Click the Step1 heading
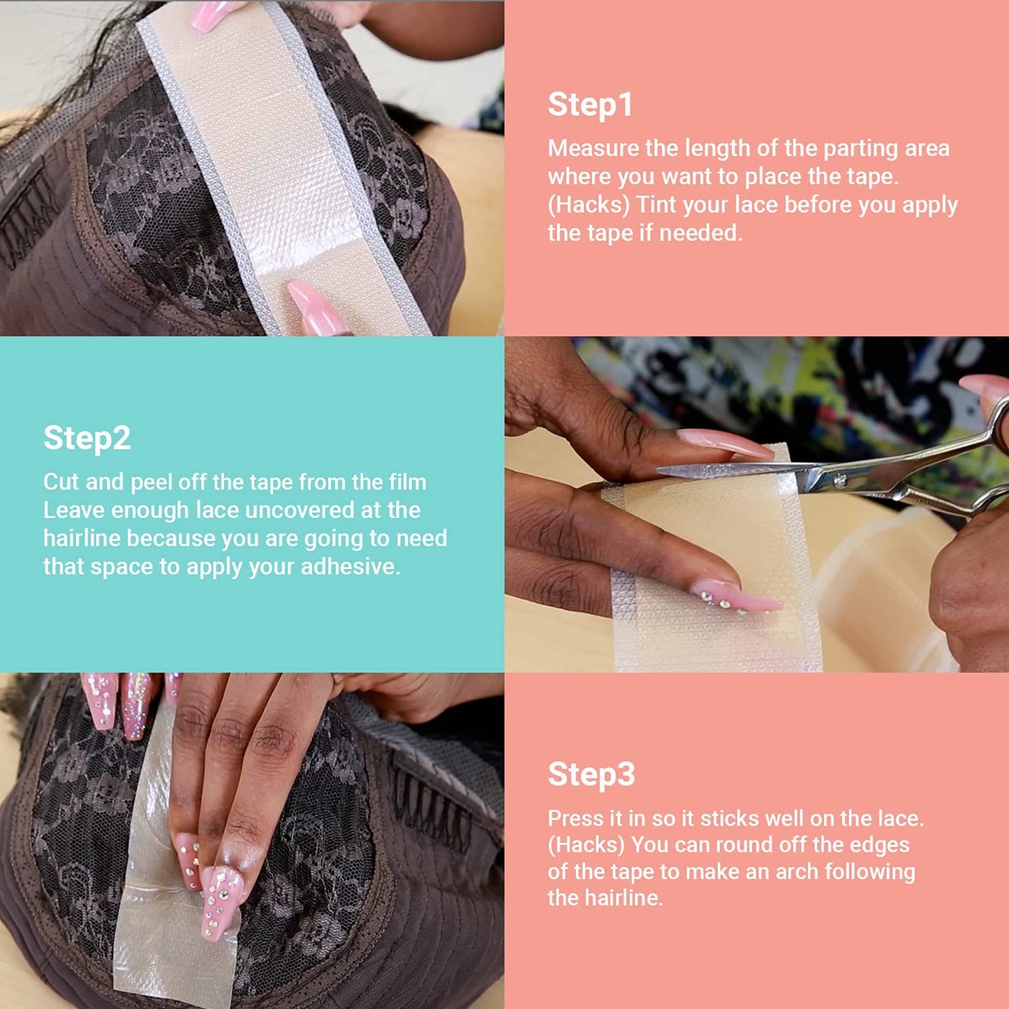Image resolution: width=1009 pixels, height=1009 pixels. [x=590, y=105]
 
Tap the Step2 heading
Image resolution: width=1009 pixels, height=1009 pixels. [x=87, y=439]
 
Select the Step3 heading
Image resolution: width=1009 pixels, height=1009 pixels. [x=591, y=774]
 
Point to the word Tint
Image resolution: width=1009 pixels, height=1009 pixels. [x=656, y=205]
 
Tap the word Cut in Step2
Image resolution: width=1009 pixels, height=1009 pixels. [x=61, y=482]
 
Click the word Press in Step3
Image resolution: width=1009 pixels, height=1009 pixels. [x=575, y=818]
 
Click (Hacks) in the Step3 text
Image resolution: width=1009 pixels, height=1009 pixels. [x=586, y=845]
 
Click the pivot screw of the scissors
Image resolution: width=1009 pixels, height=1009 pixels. [x=841, y=481]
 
